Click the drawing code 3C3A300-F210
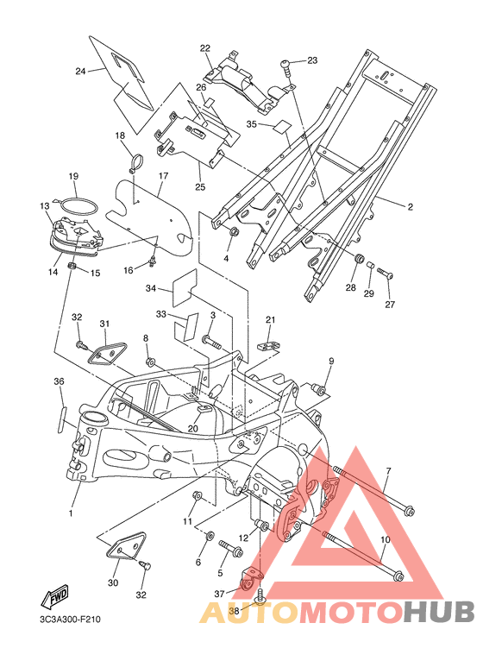pyautogui.click(x=70, y=619)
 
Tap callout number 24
pyautogui.click(x=80, y=71)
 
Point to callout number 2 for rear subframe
pyautogui.click(x=410, y=207)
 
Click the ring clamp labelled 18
pyautogui.click(x=136, y=164)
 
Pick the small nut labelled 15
pyautogui.click(x=72, y=267)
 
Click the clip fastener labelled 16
pyautogui.click(x=152, y=263)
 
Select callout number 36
pyautogui.click(x=60, y=381)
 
